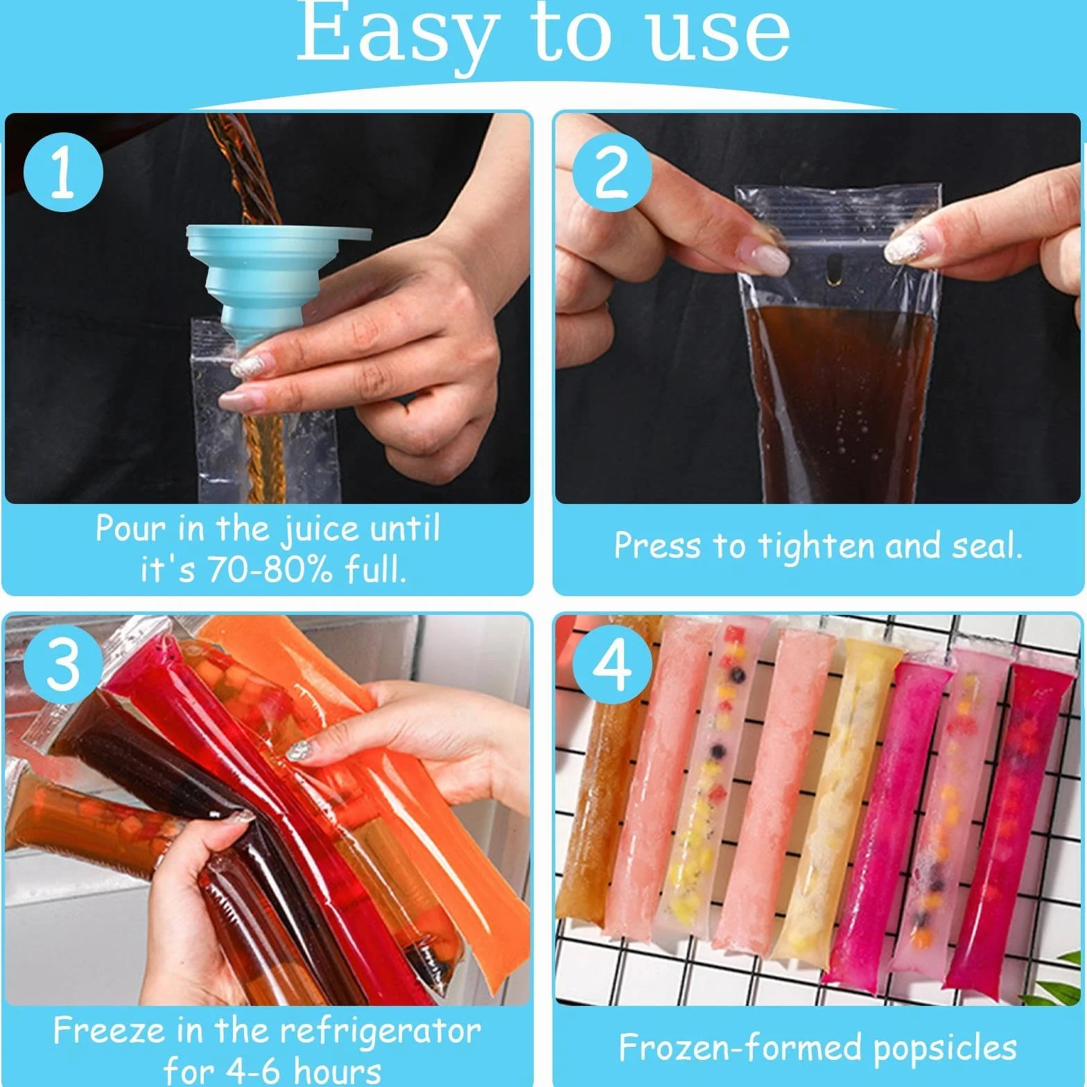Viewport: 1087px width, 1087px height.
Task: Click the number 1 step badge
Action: [x=63, y=172]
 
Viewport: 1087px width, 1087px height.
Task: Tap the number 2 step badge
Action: [x=612, y=172]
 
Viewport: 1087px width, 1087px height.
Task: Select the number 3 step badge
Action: [x=63, y=663]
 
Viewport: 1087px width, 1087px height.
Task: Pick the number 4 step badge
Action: [x=612, y=663]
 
